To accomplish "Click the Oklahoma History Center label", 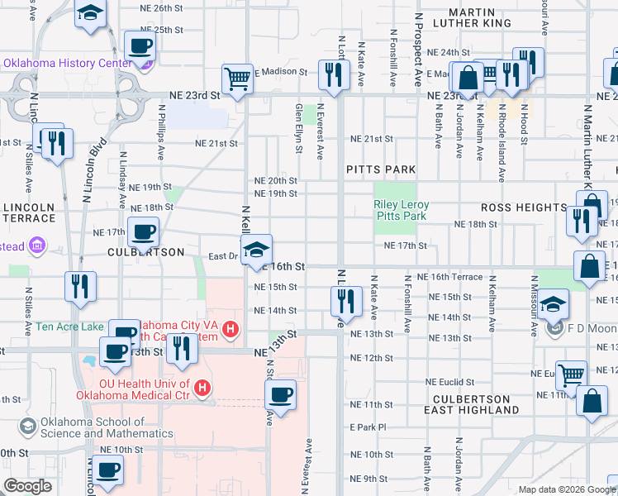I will tap(68, 63).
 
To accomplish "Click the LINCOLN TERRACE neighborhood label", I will tap(29, 212).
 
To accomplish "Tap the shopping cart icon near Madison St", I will tap(238, 80).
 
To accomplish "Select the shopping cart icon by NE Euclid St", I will tap(571, 374).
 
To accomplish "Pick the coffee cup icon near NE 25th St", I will tap(140, 45).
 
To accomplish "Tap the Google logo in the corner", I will tap(26, 486).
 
